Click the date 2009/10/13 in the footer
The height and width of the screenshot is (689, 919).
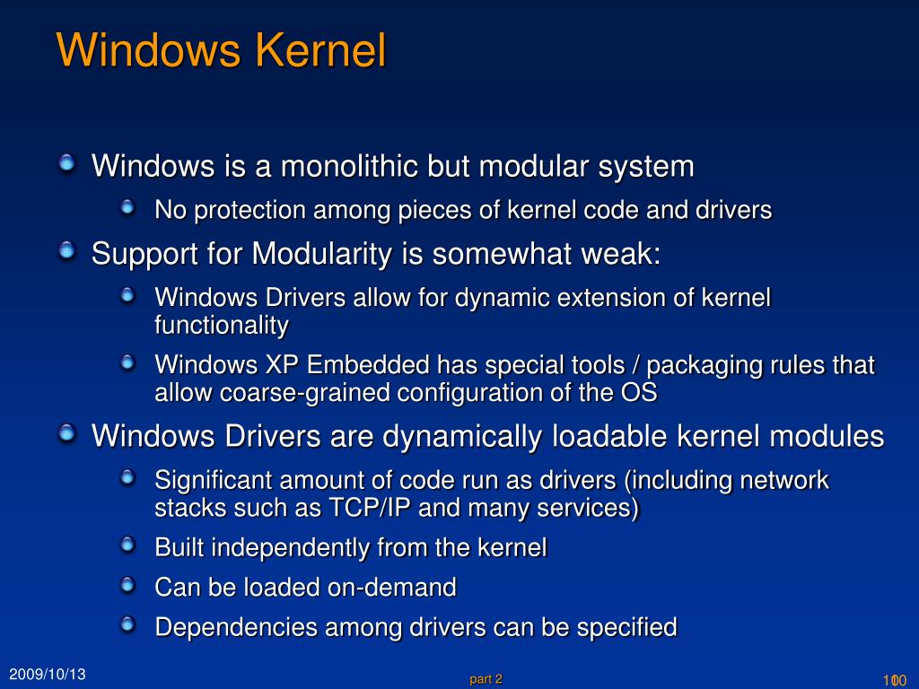click(48, 674)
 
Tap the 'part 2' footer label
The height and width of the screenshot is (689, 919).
click(486, 679)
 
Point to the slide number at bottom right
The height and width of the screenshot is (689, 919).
click(896, 679)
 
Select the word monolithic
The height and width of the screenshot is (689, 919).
click(349, 166)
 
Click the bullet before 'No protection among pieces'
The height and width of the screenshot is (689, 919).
click(129, 208)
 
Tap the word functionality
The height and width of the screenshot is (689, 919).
click(221, 325)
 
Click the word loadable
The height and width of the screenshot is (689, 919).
click(608, 436)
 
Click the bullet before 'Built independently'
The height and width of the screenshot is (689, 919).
click(129, 545)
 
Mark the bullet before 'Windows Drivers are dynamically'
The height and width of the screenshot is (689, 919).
click(67, 434)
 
